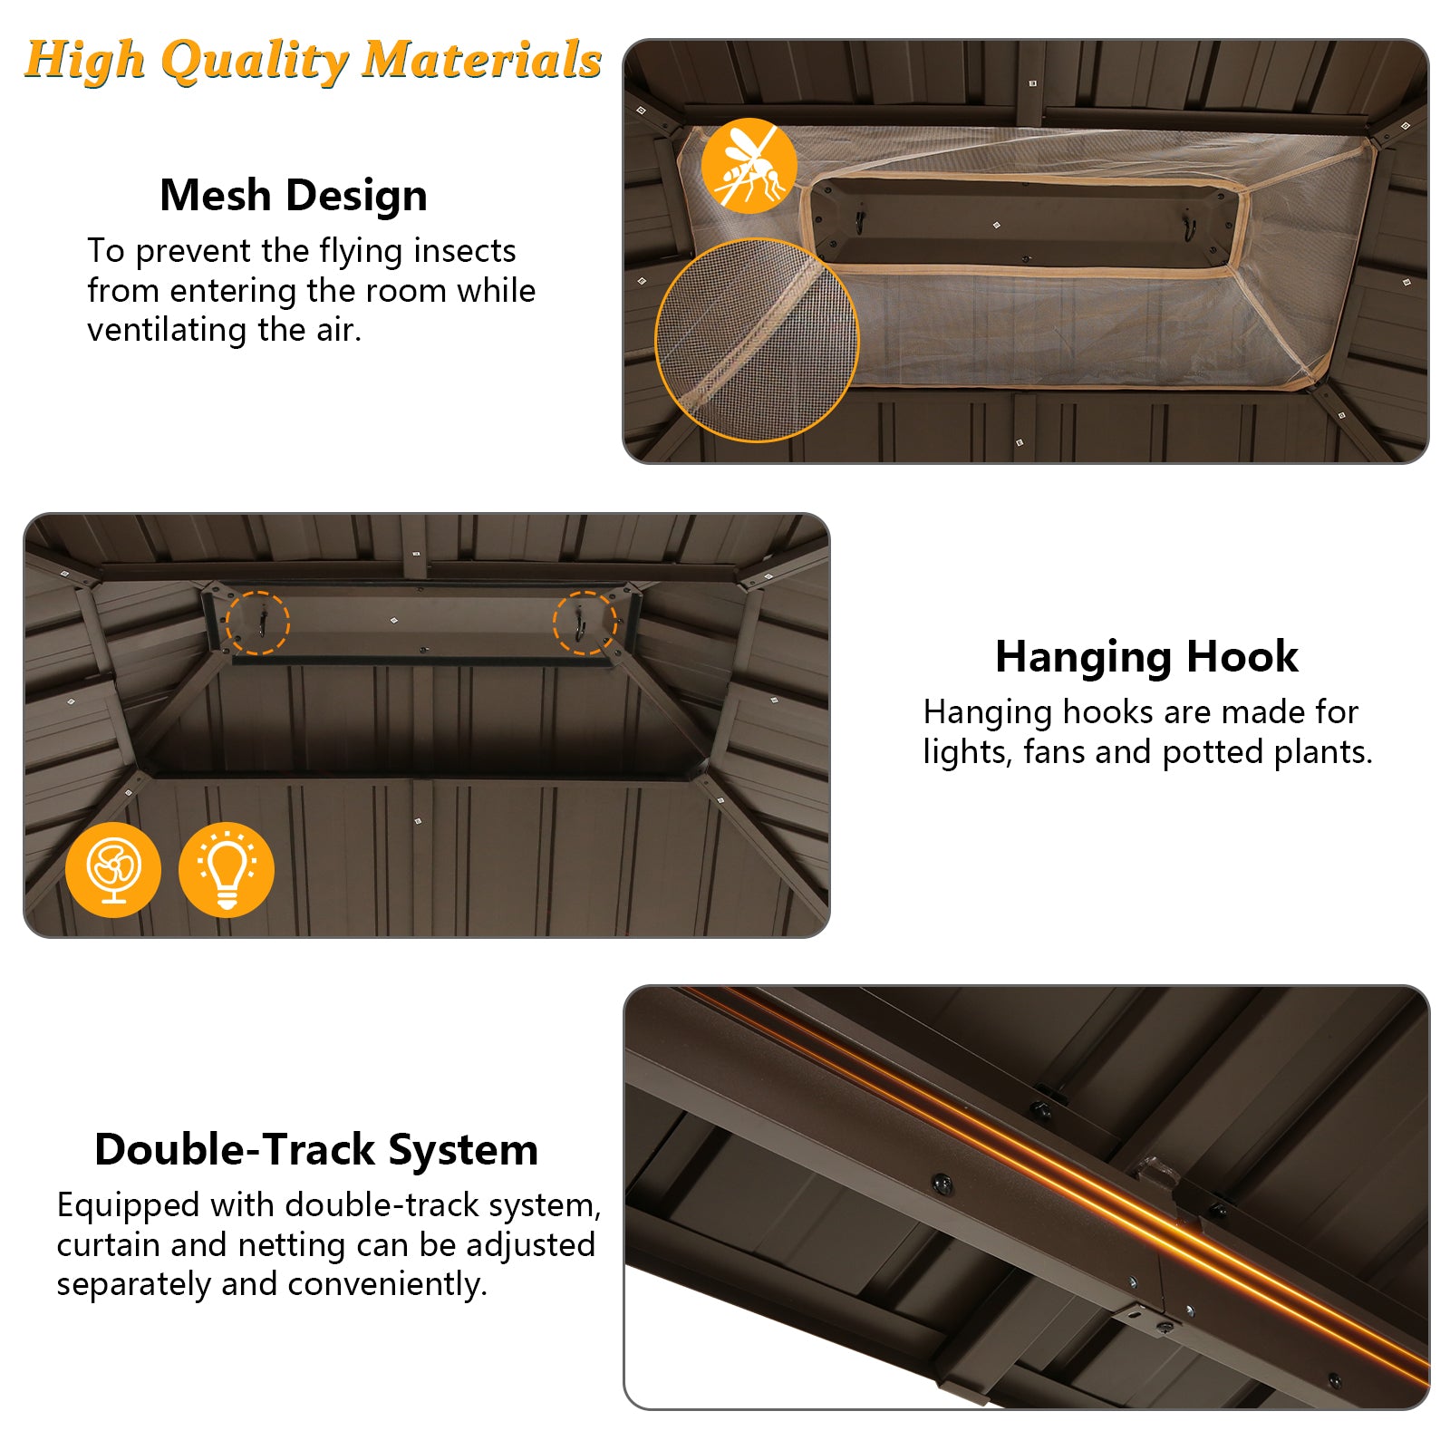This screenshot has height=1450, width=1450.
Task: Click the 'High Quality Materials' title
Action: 314,62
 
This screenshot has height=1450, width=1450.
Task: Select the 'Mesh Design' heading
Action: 294,196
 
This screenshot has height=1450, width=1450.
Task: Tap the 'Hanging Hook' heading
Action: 1146,658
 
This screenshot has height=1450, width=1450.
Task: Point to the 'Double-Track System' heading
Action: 316,1149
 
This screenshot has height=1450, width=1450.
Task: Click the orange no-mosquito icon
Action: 749,166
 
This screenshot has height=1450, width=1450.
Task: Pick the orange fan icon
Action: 113,870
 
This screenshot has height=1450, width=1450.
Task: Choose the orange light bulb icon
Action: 227,870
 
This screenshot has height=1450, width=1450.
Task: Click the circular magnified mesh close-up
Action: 757,341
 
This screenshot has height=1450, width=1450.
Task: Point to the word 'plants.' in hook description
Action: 1324,753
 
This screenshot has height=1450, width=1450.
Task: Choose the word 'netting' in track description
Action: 293,1246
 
